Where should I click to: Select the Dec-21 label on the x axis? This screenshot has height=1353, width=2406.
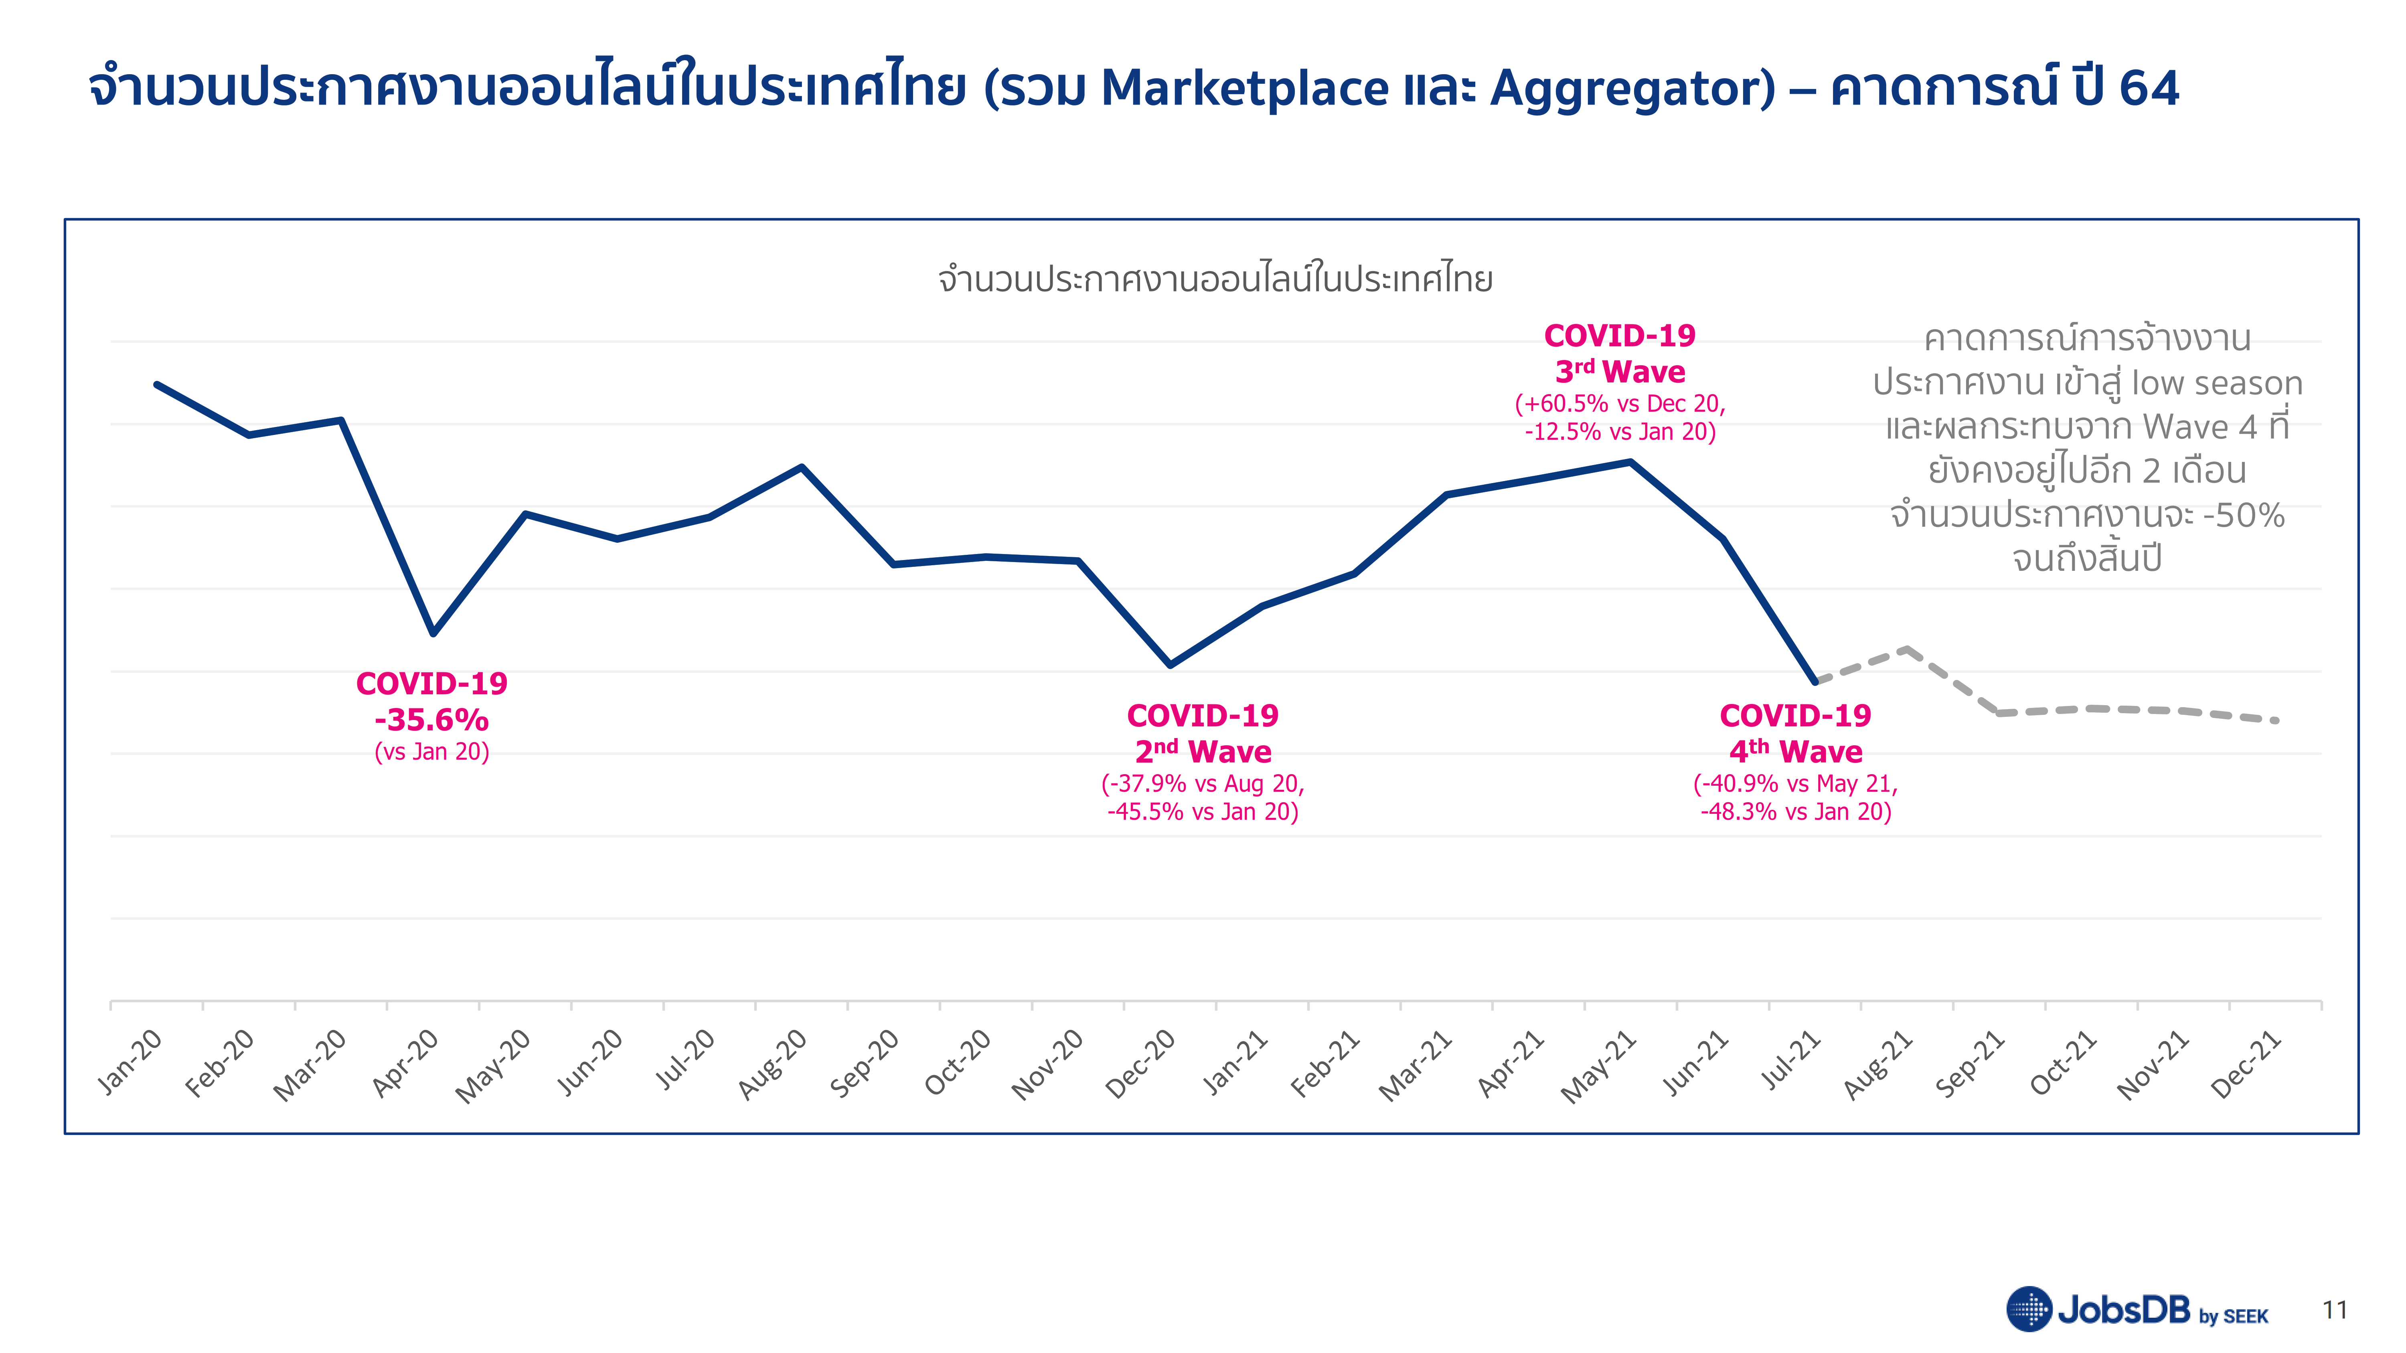[2246, 1064]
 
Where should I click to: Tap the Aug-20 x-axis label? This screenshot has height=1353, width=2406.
[772, 1064]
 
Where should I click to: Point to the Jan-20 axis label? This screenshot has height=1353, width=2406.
[130, 1062]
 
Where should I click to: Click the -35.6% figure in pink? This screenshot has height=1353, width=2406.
[431, 720]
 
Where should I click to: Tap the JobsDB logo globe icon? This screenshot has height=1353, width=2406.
[2029, 1309]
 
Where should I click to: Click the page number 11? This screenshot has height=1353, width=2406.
[2335, 1310]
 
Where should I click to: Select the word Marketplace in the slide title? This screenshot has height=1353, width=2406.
[1245, 89]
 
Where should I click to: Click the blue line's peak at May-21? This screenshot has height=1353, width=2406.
[1630, 461]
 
